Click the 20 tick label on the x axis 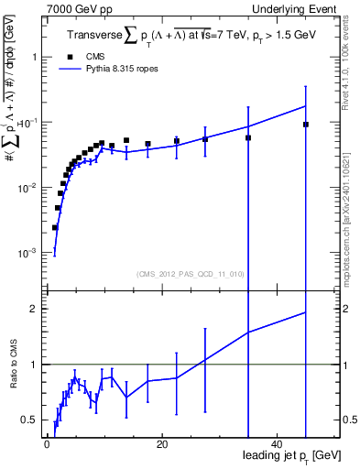coord(162,444)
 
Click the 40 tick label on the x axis coord(278,444)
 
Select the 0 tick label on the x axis coord(47,444)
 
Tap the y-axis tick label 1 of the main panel coord(34,57)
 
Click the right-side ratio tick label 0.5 coord(350,420)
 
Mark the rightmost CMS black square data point coord(306,125)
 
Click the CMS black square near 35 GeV coord(248,137)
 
